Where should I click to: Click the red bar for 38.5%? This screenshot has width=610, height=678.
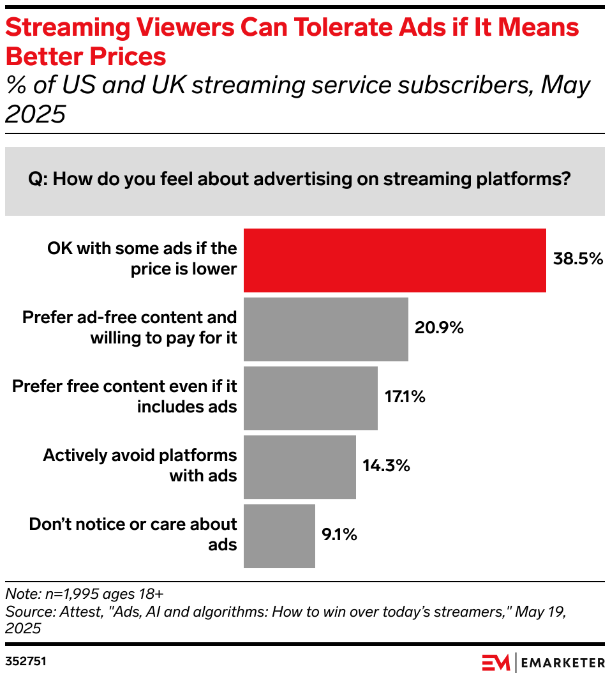pos(395,260)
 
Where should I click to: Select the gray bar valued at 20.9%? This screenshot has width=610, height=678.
pos(326,329)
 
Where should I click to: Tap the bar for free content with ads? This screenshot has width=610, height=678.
pos(311,398)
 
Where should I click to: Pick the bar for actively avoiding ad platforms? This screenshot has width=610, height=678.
pos(300,467)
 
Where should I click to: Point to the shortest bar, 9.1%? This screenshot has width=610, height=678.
pos(279,536)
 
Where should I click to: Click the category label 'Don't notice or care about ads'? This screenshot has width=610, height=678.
pos(133,534)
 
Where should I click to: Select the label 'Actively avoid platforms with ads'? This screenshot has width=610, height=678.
pos(140,465)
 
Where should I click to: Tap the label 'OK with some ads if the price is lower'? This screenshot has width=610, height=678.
pos(142,259)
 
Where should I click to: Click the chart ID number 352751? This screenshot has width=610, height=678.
pos(26,661)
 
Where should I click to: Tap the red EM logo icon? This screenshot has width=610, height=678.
pos(496,662)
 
